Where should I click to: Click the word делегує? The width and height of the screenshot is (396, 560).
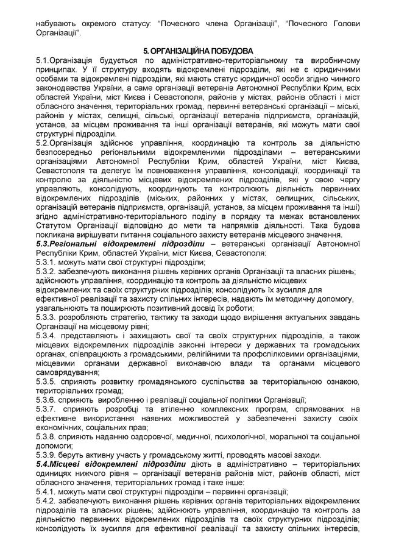click(112, 171)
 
